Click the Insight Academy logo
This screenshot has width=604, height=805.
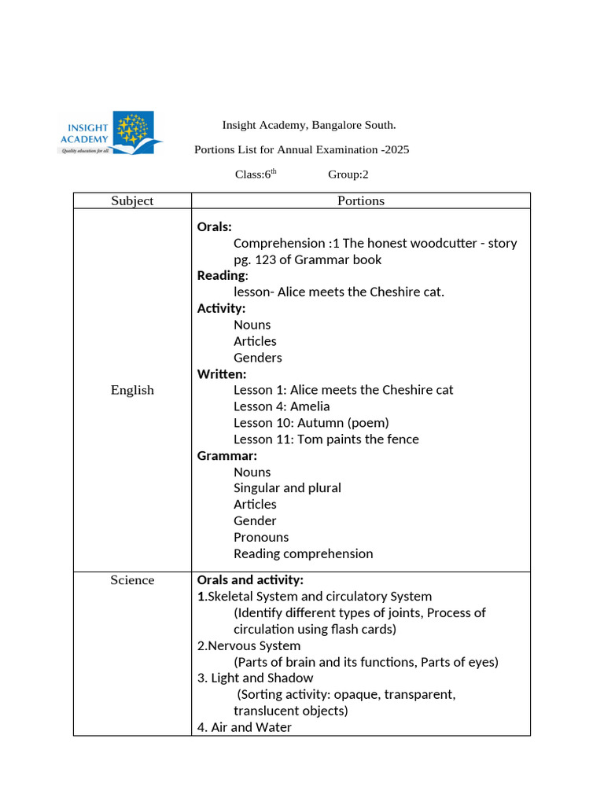111,133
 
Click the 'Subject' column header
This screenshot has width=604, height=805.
132,200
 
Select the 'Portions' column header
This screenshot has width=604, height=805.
361,200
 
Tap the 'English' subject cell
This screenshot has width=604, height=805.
132,390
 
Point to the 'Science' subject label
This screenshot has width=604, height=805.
132,580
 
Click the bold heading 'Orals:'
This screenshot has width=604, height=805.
215,227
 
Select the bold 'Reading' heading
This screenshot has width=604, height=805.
221,275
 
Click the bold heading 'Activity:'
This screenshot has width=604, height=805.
221,308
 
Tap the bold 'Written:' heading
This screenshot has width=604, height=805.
222,373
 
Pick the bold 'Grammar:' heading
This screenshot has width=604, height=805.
227,455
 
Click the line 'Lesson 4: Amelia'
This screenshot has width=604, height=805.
282,406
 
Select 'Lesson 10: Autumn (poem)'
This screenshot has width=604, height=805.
311,423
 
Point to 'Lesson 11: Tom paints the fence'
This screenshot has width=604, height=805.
326,439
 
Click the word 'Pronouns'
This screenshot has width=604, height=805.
261,537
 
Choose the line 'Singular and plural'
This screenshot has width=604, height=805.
287,488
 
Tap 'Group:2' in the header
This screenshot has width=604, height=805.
348,175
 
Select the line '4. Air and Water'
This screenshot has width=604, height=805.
244,727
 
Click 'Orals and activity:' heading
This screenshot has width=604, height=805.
250,580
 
